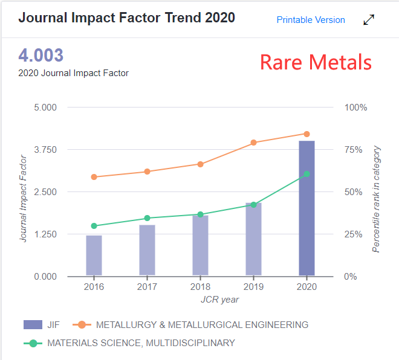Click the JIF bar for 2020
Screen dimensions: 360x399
coord(307,208)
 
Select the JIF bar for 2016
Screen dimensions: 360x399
coord(94,256)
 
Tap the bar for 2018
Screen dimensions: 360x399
coord(200,245)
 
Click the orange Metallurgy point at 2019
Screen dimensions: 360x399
coord(253,143)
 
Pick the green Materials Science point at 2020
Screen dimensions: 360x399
coord(307,174)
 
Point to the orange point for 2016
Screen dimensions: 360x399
coord(94,177)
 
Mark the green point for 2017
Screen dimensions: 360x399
coord(147,218)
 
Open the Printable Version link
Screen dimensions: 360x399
coord(311,20)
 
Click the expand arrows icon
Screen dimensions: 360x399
coord(369,20)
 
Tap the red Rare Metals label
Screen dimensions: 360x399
coord(316,62)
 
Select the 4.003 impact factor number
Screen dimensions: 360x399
coord(41,56)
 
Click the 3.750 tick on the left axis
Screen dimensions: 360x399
coord(45,150)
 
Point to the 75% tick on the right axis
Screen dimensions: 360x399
coord(354,150)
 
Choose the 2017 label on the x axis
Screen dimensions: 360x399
coord(147,287)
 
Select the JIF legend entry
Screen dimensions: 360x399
coord(44,325)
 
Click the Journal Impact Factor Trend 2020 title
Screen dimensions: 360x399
coord(126,17)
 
